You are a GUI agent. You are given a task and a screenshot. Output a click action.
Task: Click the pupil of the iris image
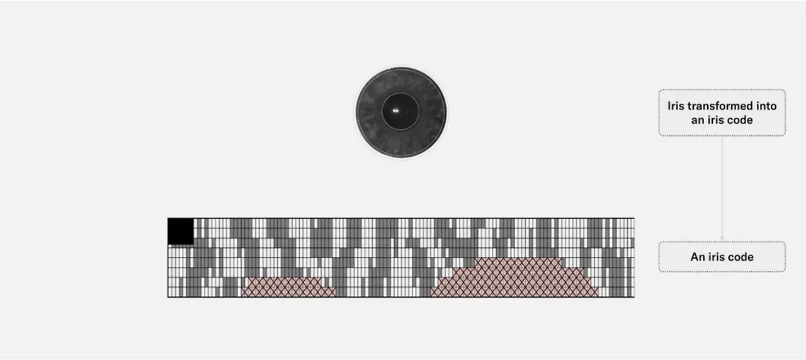tap(400, 111)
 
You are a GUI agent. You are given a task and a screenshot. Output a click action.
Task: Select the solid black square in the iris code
tap(181, 231)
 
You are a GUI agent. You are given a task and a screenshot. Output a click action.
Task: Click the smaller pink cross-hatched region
tap(288, 287)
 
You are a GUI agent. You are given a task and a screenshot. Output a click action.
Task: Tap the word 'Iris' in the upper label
tap(676, 106)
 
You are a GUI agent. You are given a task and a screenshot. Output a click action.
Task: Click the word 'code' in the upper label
tap(740, 120)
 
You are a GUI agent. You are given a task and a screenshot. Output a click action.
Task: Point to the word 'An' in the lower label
tap(697, 257)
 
